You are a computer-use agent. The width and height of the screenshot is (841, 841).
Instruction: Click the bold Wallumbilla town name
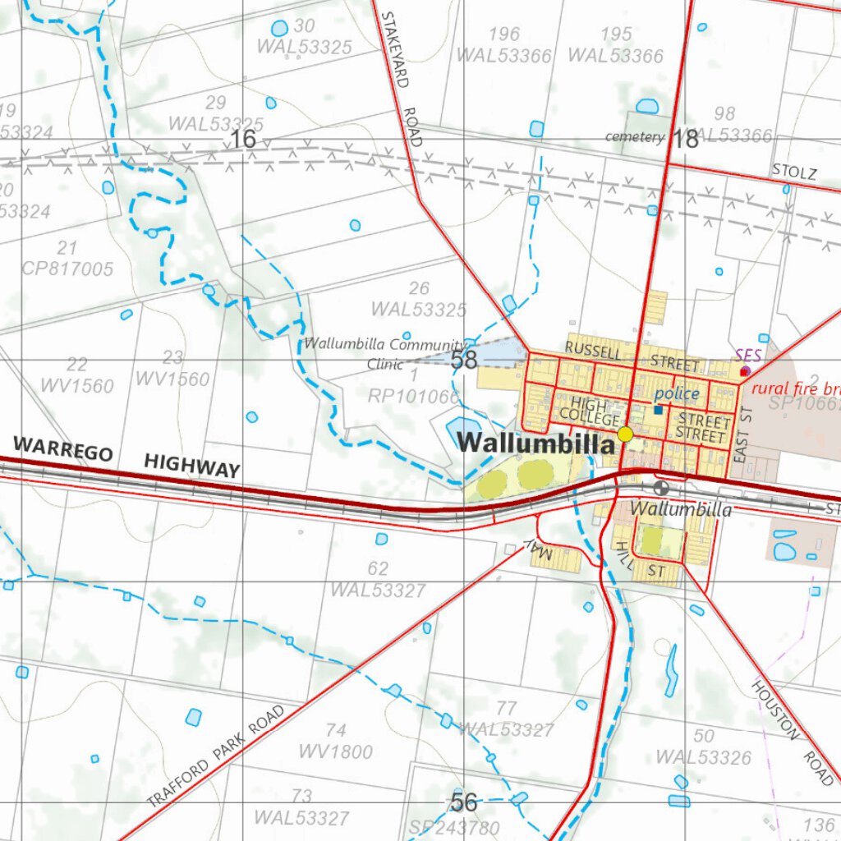coord(535,443)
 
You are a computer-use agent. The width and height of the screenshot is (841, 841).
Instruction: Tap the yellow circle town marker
coord(626,434)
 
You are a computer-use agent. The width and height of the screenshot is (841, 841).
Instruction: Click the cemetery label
coord(633,137)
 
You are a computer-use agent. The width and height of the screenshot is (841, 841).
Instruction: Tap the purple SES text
coord(748,356)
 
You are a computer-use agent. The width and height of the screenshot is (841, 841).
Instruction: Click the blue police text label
coord(678,394)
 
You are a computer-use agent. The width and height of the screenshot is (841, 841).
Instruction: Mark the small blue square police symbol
coord(658,409)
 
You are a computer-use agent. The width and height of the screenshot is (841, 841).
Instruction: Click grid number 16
coord(243,140)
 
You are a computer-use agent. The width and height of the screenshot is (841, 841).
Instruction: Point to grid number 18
coord(686,139)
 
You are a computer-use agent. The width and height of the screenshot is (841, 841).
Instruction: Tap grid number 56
coord(464,802)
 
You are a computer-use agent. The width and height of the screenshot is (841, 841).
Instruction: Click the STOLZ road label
coord(794,172)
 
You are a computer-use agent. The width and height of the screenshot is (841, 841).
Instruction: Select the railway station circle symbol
coord(662,487)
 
